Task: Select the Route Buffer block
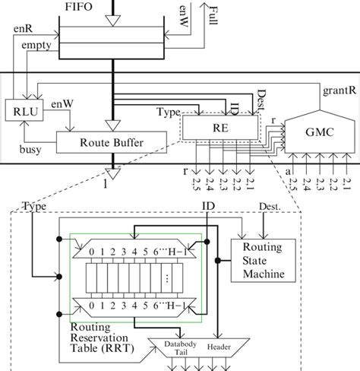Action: (x=112, y=141)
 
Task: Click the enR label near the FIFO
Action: (x=24, y=29)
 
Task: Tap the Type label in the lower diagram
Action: (x=35, y=206)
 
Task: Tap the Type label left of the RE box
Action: (x=168, y=113)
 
